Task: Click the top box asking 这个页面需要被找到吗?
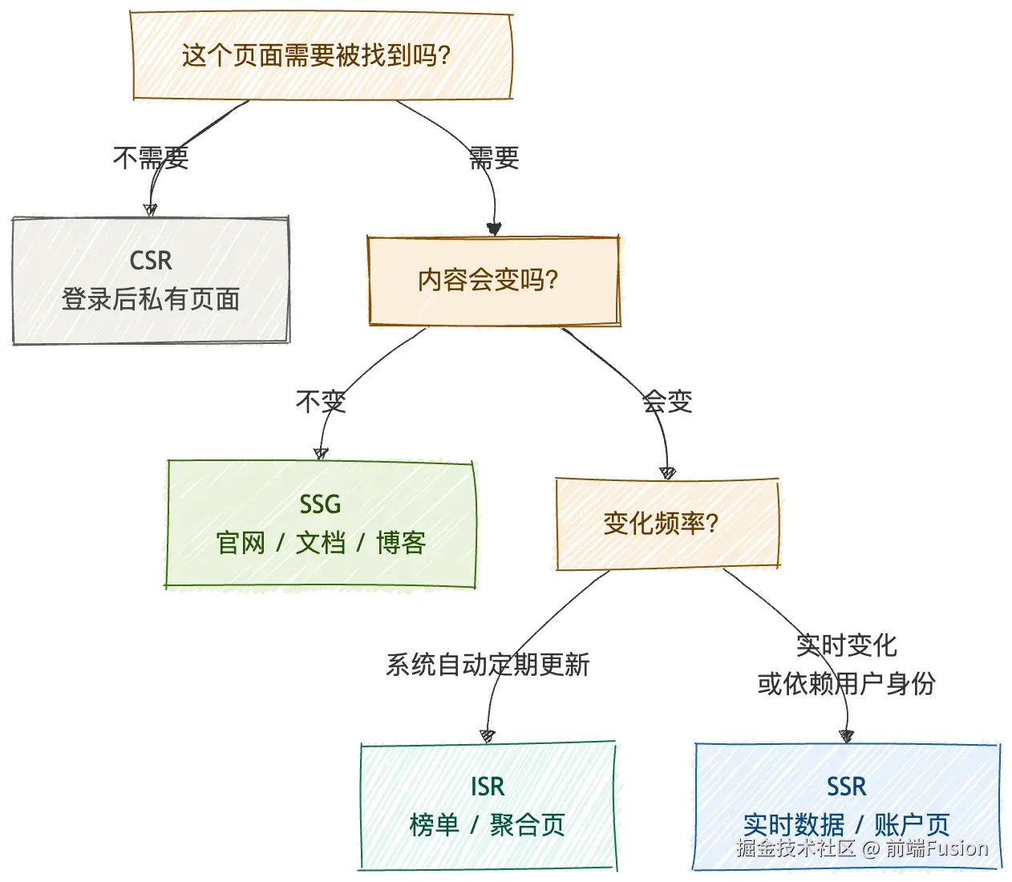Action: click(x=321, y=56)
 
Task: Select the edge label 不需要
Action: click(x=151, y=157)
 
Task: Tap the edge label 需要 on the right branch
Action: click(x=494, y=157)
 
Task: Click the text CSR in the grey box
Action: click(x=151, y=261)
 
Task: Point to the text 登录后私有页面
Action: click(x=151, y=299)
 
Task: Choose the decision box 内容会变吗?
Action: click(x=493, y=281)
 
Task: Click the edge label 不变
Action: click(x=321, y=401)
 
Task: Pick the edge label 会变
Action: click(x=667, y=401)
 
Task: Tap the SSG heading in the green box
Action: click(x=320, y=504)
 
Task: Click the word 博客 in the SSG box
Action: click(x=401, y=543)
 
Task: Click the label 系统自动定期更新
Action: click(x=488, y=665)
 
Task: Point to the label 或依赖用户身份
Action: click(x=846, y=684)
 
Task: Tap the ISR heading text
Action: click(x=488, y=787)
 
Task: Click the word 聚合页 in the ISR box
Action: click(x=528, y=825)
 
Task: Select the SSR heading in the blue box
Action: click(x=847, y=787)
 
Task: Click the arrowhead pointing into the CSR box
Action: click(x=150, y=210)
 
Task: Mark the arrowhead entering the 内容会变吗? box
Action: click(x=494, y=229)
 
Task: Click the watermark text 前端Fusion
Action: click(x=937, y=848)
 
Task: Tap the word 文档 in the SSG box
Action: click(x=321, y=543)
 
